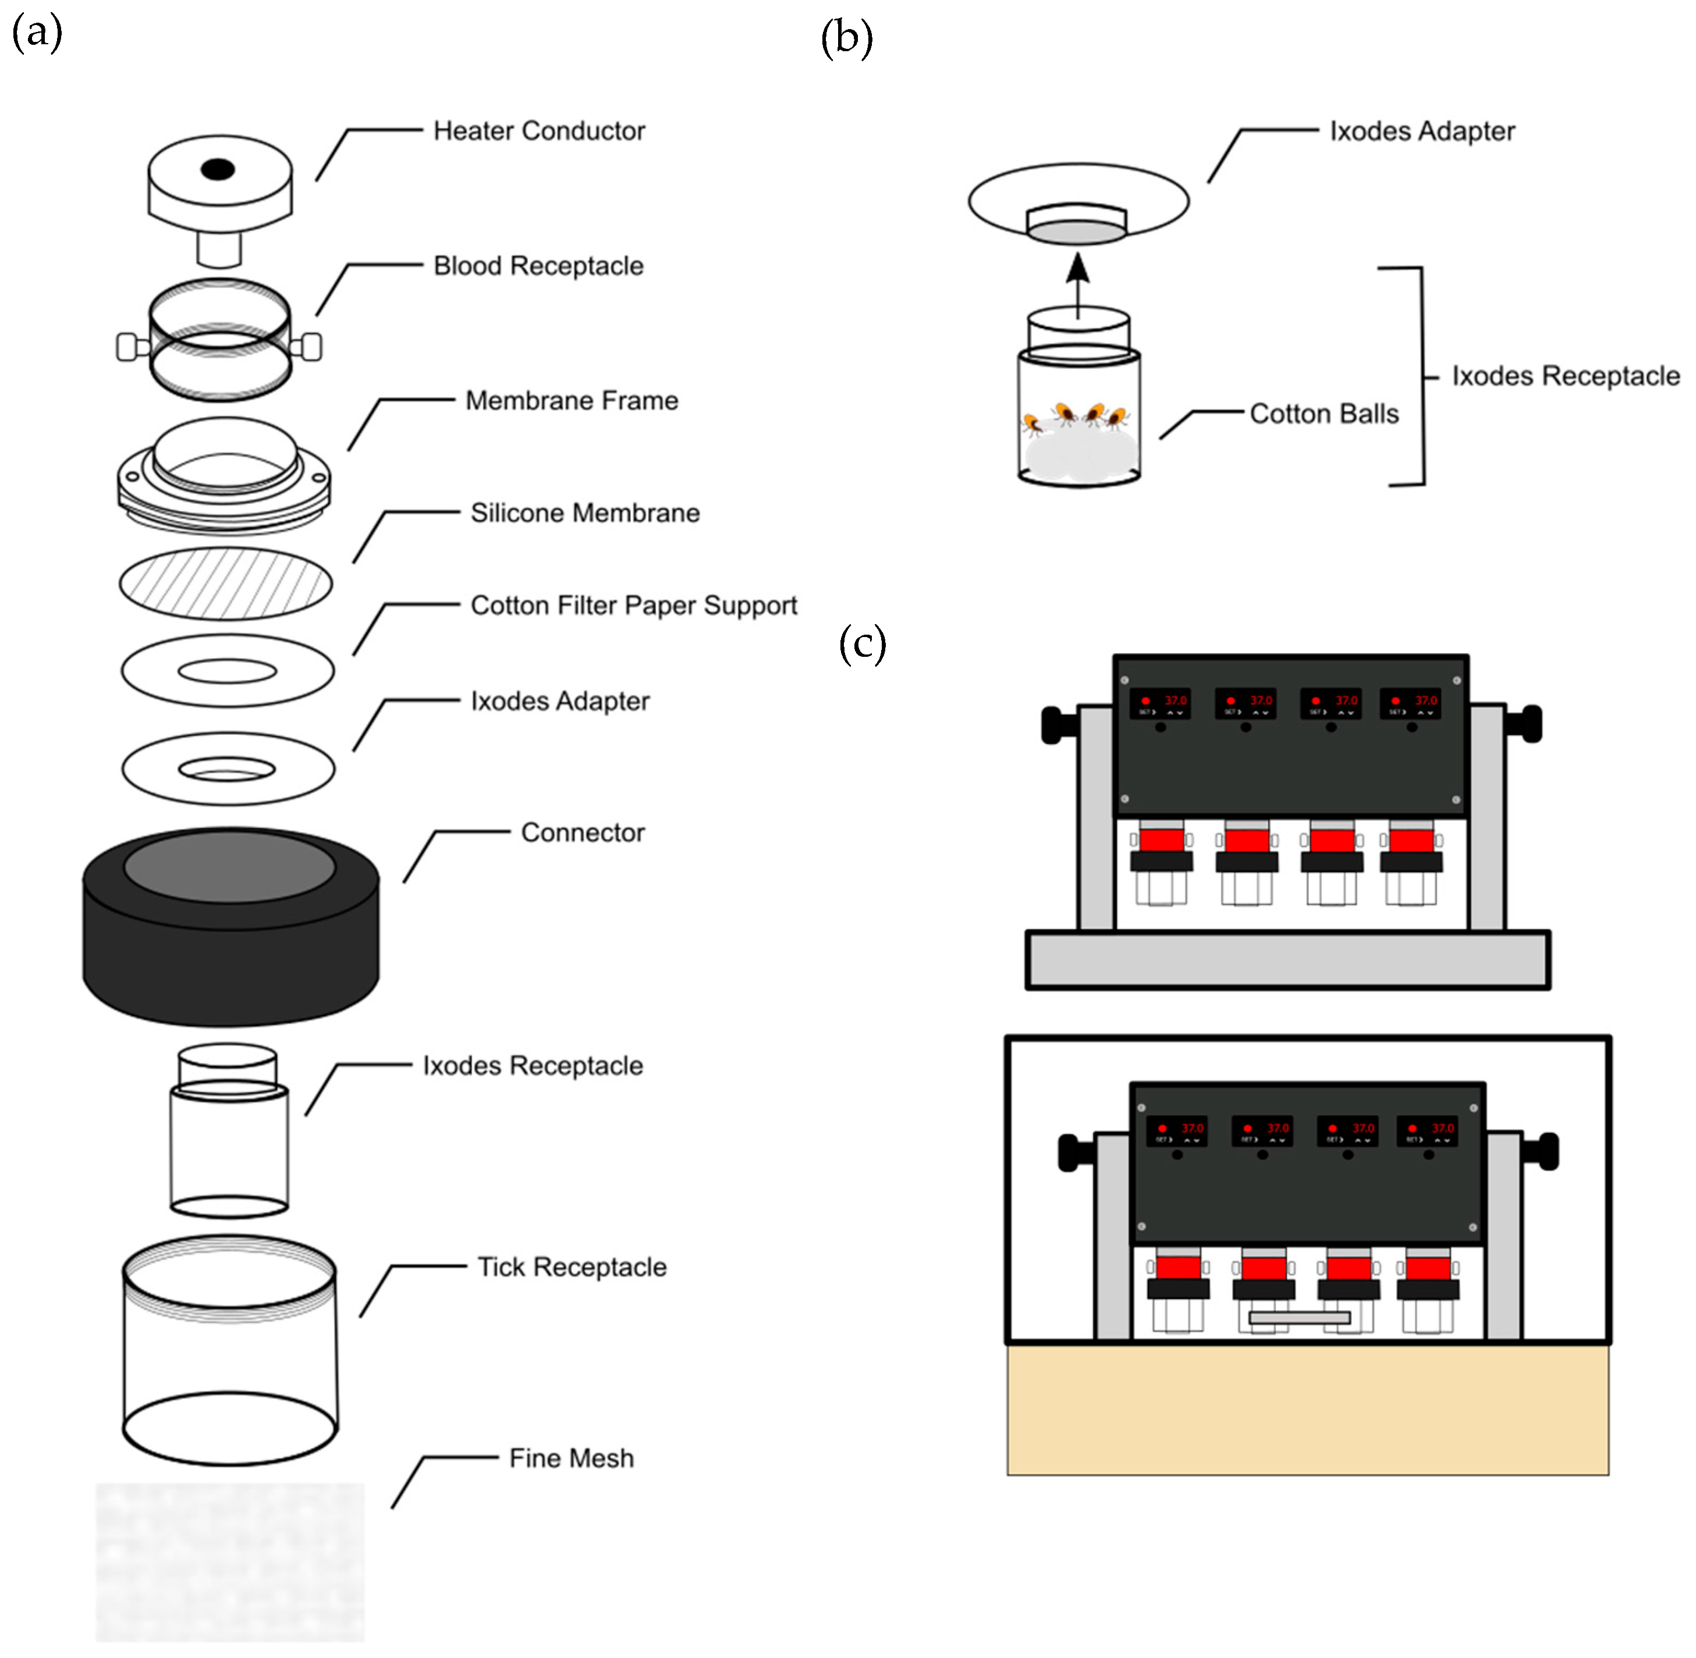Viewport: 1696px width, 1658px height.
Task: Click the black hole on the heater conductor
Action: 217,169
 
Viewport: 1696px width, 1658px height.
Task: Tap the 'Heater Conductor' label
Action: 538,131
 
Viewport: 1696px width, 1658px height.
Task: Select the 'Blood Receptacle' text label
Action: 538,266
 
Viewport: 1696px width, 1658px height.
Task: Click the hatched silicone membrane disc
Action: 226,583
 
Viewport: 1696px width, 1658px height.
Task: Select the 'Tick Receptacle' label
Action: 572,1267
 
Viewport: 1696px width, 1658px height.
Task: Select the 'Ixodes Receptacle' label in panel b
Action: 1566,376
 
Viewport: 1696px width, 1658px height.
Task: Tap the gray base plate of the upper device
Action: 1287,960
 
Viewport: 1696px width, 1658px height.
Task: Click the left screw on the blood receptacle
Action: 128,347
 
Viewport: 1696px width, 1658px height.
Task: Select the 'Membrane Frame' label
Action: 572,401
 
